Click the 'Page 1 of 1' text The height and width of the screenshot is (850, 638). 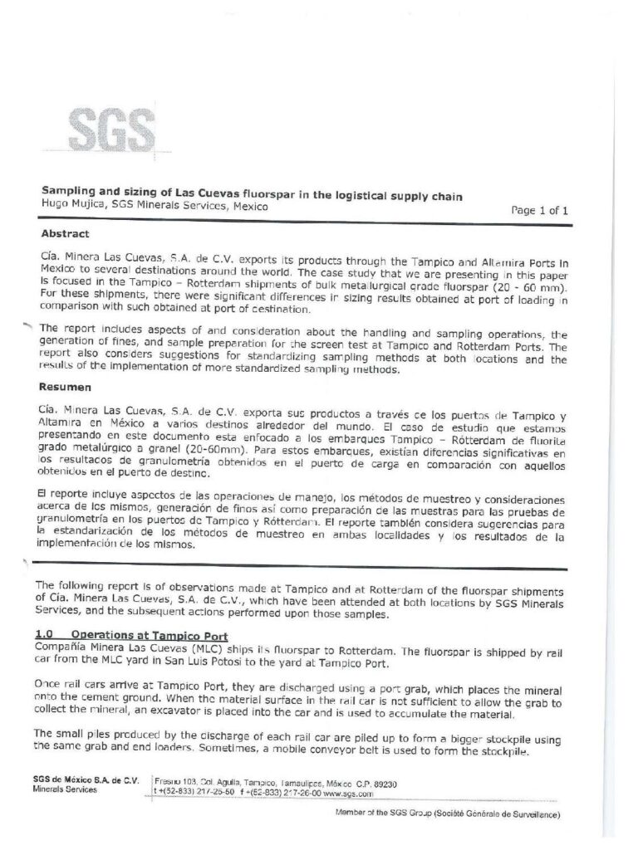[x=539, y=211]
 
